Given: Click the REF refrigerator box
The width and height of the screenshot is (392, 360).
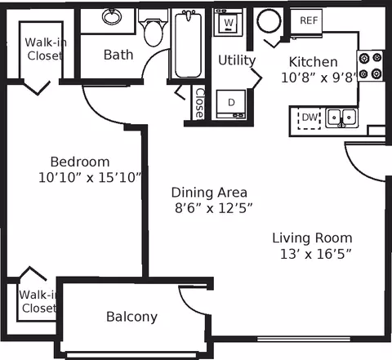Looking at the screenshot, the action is tap(306, 21).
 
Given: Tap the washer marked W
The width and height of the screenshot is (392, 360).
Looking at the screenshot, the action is tap(228, 22).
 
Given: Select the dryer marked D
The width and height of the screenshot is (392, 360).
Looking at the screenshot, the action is tap(231, 104).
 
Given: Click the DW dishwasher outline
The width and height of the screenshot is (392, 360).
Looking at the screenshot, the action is tap(309, 118).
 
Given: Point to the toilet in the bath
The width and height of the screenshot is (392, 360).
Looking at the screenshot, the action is tap(153, 28).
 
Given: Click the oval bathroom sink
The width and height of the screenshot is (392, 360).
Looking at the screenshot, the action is tap(112, 16).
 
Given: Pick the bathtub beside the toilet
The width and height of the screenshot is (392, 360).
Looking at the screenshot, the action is tap(188, 44).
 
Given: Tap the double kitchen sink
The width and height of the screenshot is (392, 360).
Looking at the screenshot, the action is tap(341, 118).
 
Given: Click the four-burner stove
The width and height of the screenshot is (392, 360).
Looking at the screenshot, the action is tap(371, 65).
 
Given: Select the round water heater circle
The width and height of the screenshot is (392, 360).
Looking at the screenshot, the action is tap(269, 20).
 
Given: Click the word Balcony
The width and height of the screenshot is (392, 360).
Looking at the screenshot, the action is tap(131, 317).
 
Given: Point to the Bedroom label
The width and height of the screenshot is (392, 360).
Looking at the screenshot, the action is tap(80, 162).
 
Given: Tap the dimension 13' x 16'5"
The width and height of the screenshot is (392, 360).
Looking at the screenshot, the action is tap(315, 255).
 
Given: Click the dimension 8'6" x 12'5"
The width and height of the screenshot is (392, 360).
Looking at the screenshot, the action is tap(213, 209).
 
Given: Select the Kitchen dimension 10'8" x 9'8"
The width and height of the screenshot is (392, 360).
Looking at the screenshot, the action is tap(318, 78).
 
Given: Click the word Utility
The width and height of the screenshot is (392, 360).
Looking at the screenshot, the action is tap(237, 60).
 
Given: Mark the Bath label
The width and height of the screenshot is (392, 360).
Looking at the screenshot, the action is tap(118, 55).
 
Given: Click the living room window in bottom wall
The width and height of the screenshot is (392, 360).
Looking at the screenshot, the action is tap(304, 339).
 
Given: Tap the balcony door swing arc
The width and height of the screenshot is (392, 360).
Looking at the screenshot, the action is tap(190, 303).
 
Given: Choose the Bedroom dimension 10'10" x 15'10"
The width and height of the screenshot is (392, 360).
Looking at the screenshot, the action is tap(90, 178).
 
